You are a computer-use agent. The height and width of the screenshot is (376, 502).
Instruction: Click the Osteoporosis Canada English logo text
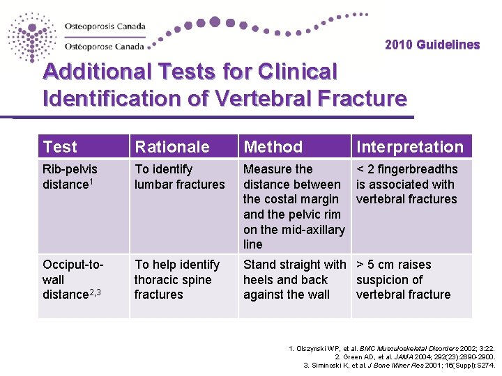click(105, 27)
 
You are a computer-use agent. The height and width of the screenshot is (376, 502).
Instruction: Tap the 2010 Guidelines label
click(432, 45)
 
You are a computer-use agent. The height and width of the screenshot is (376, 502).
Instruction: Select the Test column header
click(60, 147)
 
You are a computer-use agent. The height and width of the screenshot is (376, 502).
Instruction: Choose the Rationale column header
click(172, 147)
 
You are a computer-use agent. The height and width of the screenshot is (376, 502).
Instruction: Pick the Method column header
click(273, 147)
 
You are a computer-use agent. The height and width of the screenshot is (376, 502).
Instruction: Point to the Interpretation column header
click(409, 147)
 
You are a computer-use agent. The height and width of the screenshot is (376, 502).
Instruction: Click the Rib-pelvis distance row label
click(70, 177)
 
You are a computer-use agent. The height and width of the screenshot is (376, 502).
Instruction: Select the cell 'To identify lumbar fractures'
click(179, 177)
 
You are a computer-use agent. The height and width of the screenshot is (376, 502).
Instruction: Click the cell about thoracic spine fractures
click(176, 279)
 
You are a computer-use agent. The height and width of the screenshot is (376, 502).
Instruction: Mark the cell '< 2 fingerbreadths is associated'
click(406, 184)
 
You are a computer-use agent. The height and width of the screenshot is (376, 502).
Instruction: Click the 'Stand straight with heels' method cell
click(294, 279)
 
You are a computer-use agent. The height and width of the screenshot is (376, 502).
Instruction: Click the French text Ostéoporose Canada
click(105, 47)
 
